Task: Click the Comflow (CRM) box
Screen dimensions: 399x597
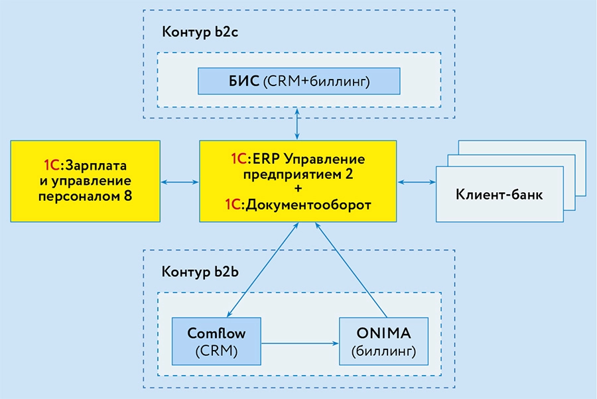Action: pos(216,340)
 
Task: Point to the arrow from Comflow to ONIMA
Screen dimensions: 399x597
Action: pos(298,343)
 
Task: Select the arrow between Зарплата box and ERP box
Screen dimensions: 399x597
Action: pos(179,181)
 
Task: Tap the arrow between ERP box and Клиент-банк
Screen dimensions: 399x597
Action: pos(416,181)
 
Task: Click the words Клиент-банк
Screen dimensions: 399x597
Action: pos(499,195)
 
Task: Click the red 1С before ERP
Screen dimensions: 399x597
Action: pos(238,160)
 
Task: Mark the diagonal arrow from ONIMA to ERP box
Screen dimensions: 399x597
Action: pos(352,272)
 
